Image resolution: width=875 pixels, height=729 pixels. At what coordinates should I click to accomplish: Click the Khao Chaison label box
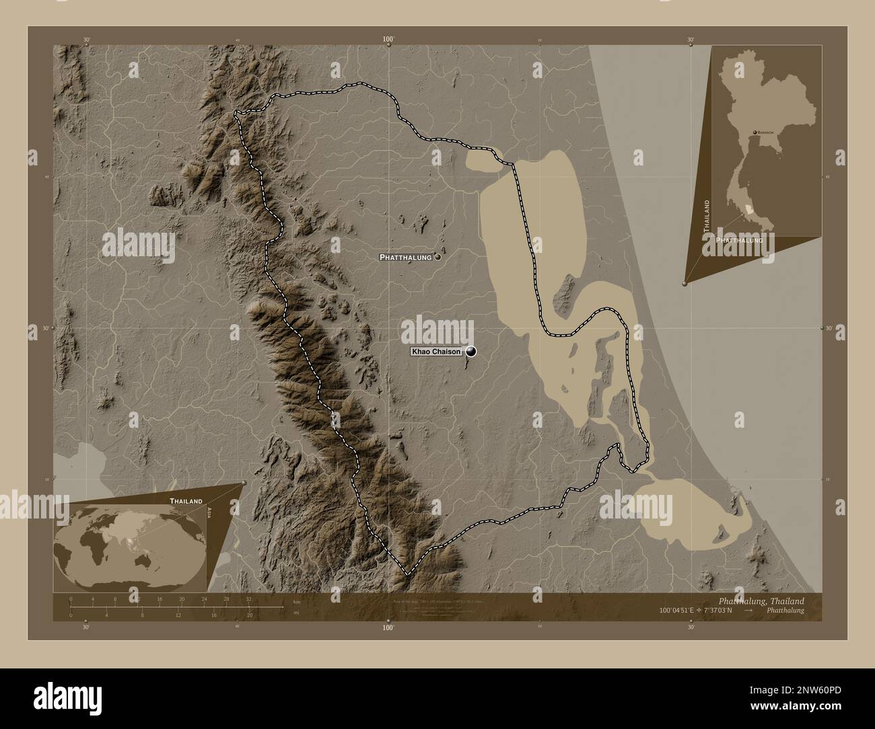(x=436, y=352)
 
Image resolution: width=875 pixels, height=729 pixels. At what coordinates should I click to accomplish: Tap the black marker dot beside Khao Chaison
(x=470, y=351)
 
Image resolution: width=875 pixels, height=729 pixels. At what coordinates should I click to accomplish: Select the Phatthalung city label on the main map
(x=406, y=257)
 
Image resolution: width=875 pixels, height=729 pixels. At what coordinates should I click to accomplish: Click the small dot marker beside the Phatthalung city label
(x=438, y=257)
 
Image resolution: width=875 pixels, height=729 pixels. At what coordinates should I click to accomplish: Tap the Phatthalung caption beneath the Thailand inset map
(x=739, y=239)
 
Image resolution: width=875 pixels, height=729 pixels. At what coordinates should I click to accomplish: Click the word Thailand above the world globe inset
(x=186, y=501)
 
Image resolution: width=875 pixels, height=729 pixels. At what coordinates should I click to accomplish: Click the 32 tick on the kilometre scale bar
(x=248, y=599)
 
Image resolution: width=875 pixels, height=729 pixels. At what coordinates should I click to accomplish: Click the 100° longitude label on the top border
(x=388, y=40)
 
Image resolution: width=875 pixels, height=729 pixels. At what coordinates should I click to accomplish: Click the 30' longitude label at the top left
(x=86, y=40)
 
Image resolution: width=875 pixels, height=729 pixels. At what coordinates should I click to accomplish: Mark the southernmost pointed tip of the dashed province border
(x=406, y=574)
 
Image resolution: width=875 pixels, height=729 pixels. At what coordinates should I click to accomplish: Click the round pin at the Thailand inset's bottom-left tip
(x=685, y=284)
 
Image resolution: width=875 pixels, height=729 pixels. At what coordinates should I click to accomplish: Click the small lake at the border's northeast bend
(x=482, y=161)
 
